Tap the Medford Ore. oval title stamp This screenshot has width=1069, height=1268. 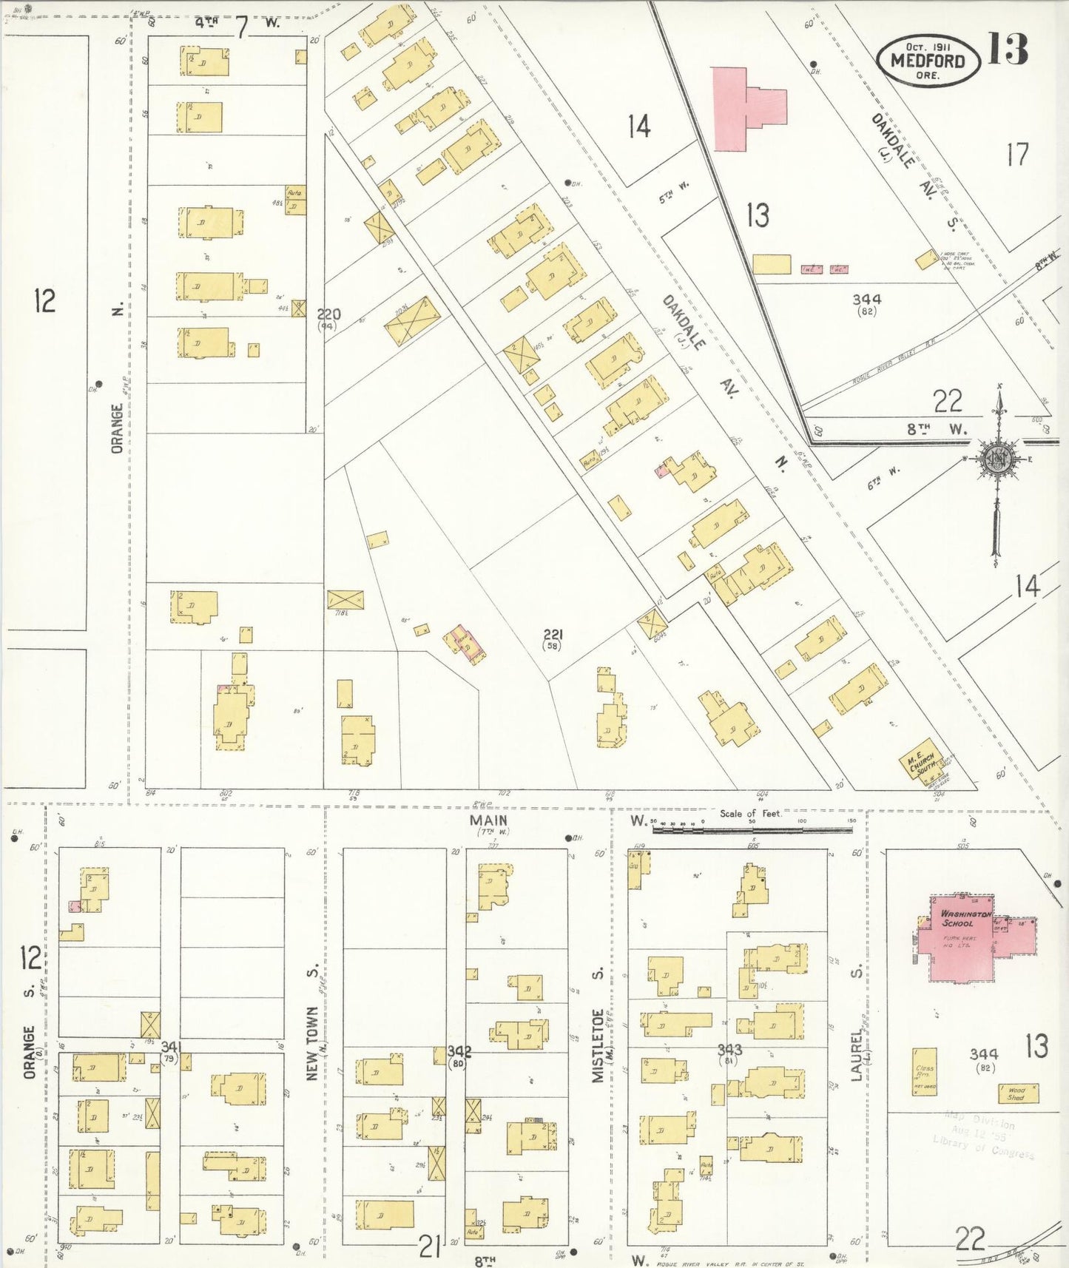tap(928, 61)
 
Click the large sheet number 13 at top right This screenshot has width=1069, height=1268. tap(1008, 50)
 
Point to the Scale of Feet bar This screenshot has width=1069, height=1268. tap(751, 829)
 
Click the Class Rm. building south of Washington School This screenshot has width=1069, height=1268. tap(924, 1070)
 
